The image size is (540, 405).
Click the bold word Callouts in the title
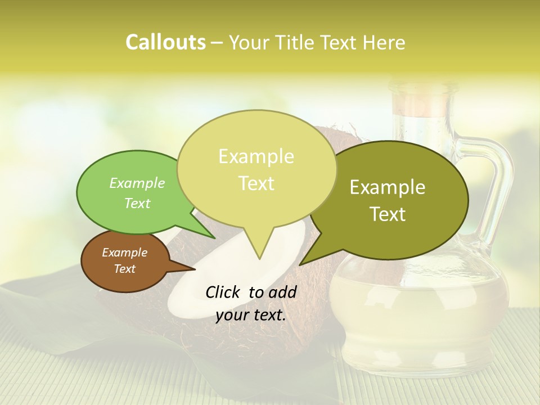click(165, 42)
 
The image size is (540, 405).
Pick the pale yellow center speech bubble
click(256, 169)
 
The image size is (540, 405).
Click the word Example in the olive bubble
click(388, 187)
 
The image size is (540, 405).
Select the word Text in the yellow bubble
click(256, 183)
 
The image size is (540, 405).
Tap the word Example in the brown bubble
click(125, 253)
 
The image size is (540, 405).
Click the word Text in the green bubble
click(137, 203)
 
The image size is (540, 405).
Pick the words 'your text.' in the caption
click(251, 315)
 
